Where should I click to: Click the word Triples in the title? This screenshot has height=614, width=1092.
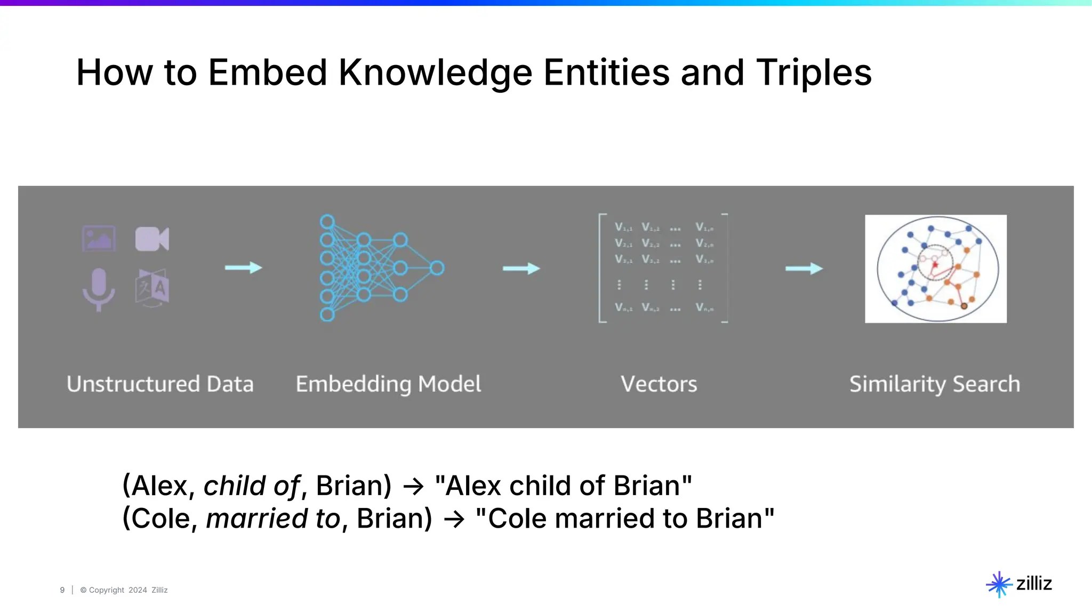pyautogui.click(x=814, y=72)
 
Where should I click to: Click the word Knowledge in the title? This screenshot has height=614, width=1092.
pyautogui.click(x=435, y=72)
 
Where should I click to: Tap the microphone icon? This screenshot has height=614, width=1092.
pyautogui.click(x=99, y=289)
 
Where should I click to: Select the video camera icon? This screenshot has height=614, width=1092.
pyautogui.click(x=152, y=239)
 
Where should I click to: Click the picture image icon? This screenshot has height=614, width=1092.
pyautogui.click(x=99, y=238)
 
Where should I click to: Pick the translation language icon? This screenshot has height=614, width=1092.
pyautogui.click(x=152, y=288)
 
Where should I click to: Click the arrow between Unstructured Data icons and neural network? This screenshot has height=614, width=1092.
pyautogui.click(x=244, y=268)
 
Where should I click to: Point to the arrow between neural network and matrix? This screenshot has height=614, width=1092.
pyautogui.click(x=521, y=268)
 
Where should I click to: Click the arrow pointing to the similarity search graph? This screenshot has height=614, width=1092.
pyautogui.click(x=804, y=268)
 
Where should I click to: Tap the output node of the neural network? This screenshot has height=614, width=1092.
pyautogui.click(x=437, y=268)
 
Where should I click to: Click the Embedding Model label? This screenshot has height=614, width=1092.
pyautogui.click(x=388, y=384)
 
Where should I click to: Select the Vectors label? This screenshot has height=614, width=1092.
pyautogui.click(x=659, y=384)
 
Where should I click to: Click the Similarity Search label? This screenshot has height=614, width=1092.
pyautogui.click(x=934, y=384)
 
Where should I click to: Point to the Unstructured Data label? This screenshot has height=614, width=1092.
pyautogui.click(x=160, y=384)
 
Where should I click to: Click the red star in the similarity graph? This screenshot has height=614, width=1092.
pyautogui.click(x=935, y=264)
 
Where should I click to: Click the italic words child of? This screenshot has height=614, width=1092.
pyautogui.click(x=252, y=486)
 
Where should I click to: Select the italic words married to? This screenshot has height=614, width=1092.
pyautogui.click(x=273, y=519)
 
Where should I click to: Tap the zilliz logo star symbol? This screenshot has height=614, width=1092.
pyautogui.click(x=999, y=584)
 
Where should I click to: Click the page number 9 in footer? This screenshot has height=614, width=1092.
pyautogui.click(x=62, y=590)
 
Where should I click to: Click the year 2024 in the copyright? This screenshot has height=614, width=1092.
pyautogui.click(x=138, y=590)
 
